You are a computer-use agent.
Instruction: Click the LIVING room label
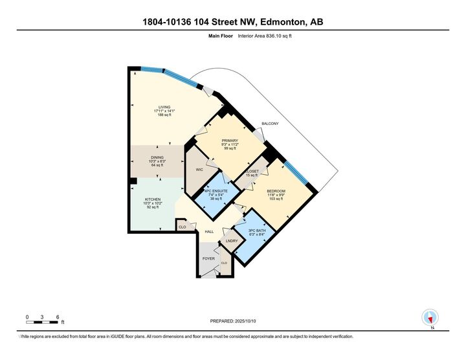pos(165,107)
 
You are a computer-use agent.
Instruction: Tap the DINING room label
pos(157,157)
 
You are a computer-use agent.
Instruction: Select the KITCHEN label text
pos(154,200)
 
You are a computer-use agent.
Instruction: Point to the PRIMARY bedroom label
pos(230,141)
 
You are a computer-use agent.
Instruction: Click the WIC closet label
pos(200,170)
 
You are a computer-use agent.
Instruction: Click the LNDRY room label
pos(231,241)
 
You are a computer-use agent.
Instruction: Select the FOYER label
pos(208,258)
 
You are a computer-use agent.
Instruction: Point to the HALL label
pos(209,232)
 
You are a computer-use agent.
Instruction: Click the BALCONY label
pos(270,123)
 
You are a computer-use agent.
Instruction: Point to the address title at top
pos(233,23)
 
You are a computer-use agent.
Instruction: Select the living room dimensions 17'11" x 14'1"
pos(165,112)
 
